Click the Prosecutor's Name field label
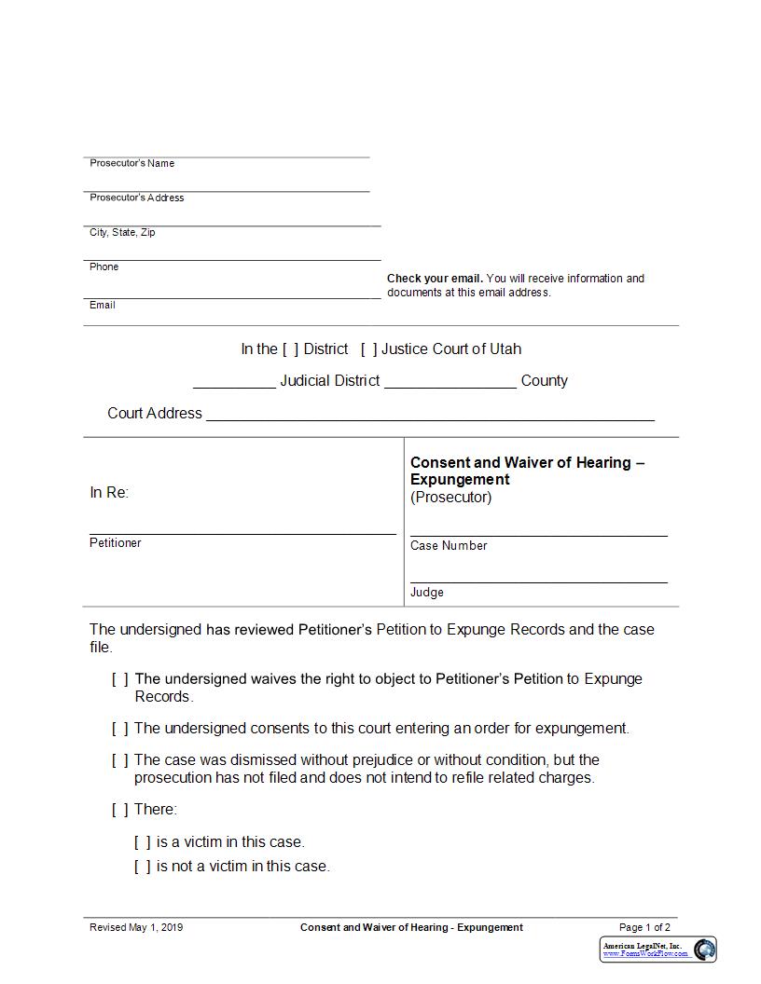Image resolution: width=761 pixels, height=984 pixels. coord(131,163)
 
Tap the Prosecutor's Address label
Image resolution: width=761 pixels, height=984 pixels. coord(136,198)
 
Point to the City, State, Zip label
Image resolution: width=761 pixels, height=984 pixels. coord(122,232)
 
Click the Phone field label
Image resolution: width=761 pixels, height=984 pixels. coord(104,266)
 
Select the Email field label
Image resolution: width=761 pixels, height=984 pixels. coord(103,305)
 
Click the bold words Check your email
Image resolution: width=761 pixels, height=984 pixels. coord(435,279)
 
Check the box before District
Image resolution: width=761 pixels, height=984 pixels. coord(290,349)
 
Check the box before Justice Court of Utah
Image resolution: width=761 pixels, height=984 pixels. coord(368,349)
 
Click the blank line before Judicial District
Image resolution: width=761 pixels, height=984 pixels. coord(234,382)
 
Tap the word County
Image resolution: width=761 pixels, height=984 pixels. coord(544,381)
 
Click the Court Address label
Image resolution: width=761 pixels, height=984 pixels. coord(155,413)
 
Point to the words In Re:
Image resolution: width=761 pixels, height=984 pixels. coord(109,493)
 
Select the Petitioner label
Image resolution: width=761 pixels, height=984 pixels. coord(116,542)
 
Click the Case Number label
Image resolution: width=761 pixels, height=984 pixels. coord(449,546)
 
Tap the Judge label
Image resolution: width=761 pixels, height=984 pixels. coord(427,593)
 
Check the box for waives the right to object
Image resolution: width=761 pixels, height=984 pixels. coord(120,679)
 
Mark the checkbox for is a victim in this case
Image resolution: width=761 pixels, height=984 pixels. coord(142,842)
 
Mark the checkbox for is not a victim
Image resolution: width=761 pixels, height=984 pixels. coord(142,867)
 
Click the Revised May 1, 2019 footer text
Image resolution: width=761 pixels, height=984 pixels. coord(136,927)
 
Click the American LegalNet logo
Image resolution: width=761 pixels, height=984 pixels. coord(658,950)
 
